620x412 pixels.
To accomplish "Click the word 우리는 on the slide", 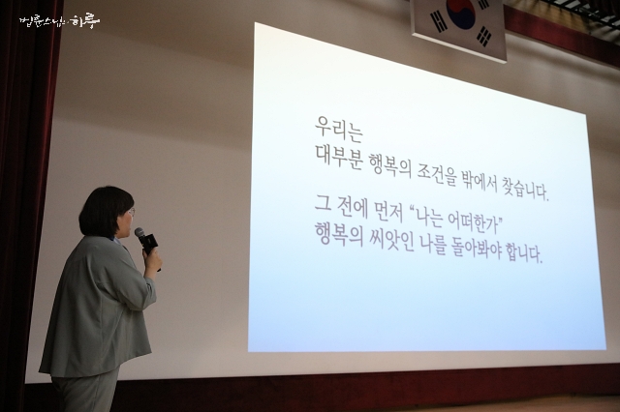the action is tap(339, 129).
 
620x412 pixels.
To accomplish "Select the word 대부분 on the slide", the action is tap(339, 157).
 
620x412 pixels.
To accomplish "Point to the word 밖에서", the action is tap(479, 180).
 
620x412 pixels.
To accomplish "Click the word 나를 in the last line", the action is tap(433, 244).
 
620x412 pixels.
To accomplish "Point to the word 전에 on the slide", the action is tap(351, 208).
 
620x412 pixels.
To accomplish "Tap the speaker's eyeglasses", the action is tap(132, 213).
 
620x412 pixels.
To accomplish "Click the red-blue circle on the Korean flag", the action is tap(461, 13).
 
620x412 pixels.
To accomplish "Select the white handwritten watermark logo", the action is tap(60, 21).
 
